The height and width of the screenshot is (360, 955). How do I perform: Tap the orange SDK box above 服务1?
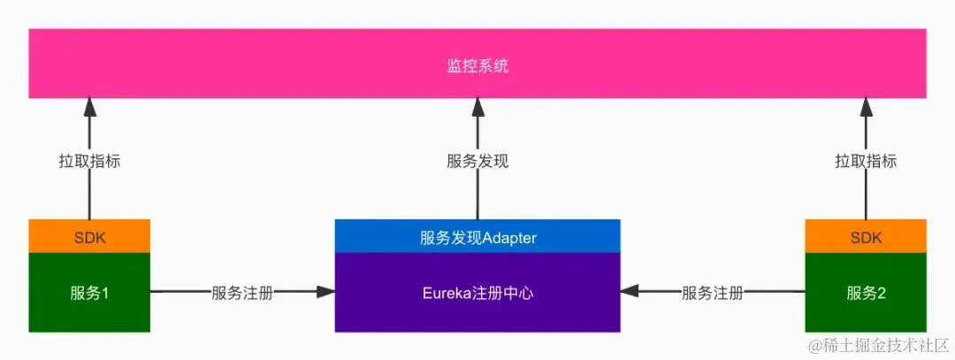(x=89, y=237)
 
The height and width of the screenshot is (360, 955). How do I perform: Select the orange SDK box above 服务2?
(x=866, y=237)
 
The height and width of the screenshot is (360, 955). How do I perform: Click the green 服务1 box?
(x=89, y=293)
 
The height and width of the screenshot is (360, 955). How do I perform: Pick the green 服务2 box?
(x=866, y=293)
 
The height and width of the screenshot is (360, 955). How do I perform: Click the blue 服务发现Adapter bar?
(x=477, y=237)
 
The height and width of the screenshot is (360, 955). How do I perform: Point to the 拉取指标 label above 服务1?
(x=89, y=162)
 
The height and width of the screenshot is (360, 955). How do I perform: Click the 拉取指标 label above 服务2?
(x=866, y=162)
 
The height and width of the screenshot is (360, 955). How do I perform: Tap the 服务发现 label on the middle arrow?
(x=477, y=162)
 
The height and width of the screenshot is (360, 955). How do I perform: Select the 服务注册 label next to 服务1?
(x=242, y=293)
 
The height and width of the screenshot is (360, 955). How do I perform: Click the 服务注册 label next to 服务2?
(x=713, y=293)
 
